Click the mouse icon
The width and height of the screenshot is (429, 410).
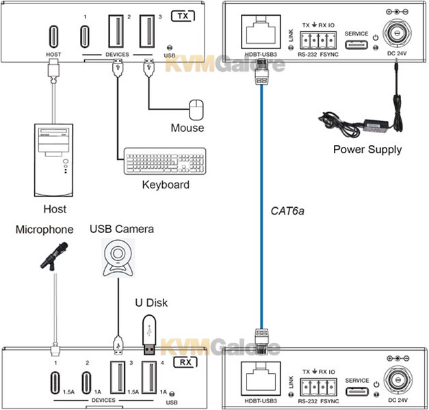(196, 109)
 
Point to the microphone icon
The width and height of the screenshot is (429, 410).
(54, 257)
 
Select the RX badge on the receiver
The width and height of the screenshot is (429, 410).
(183, 363)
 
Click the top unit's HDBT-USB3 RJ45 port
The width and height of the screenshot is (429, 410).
(259, 32)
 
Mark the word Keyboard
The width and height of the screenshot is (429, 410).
(165, 184)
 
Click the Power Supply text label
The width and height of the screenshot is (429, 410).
(367, 149)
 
